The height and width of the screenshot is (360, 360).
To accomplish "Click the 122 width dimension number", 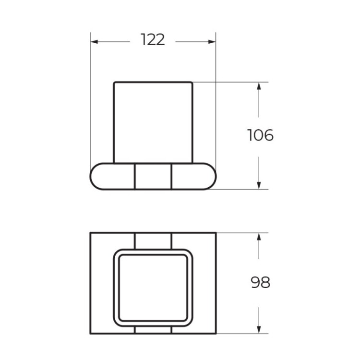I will pyautogui.click(x=153, y=40).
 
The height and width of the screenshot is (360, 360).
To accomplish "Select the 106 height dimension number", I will pyautogui.click(x=260, y=135).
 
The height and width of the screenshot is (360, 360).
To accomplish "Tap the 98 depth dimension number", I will pyautogui.click(x=260, y=283).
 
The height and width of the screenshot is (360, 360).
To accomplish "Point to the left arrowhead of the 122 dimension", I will pyautogui.click(x=95, y=42).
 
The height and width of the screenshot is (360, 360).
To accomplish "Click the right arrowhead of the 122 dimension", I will pyautogui.click(x=212, y=42).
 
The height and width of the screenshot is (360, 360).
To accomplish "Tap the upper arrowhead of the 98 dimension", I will pyautogui.click(x=259, y=237).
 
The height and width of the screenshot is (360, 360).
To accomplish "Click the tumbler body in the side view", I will pyautogui.click(x=153, y=122).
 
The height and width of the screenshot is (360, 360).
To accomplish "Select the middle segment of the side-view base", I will pyautogui.click(x=153, y=176).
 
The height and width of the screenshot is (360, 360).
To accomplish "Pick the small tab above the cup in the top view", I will pyautogui.click(x=153, y=240).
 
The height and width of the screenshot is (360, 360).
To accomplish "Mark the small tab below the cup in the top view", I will pyautogui.click(x=153, y=330).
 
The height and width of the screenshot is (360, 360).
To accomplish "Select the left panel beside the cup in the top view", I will pyautogui.click(x=102, y=283).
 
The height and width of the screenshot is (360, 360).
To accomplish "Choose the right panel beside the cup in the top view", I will pyautogui.click(x=204, y=283).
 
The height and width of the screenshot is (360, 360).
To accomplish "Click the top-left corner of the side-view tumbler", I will pyautogui.click(x=114, y=82).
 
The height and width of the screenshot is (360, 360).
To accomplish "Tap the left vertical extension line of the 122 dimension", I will pyautogui.click(x=91, y=96).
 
